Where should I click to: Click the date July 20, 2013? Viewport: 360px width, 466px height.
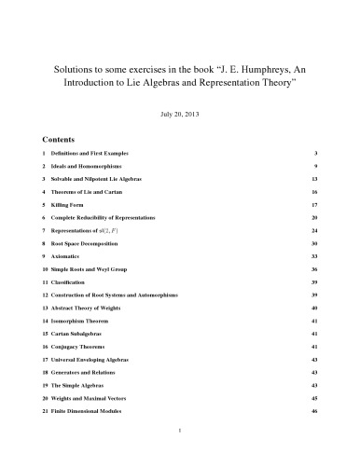point(180,115)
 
